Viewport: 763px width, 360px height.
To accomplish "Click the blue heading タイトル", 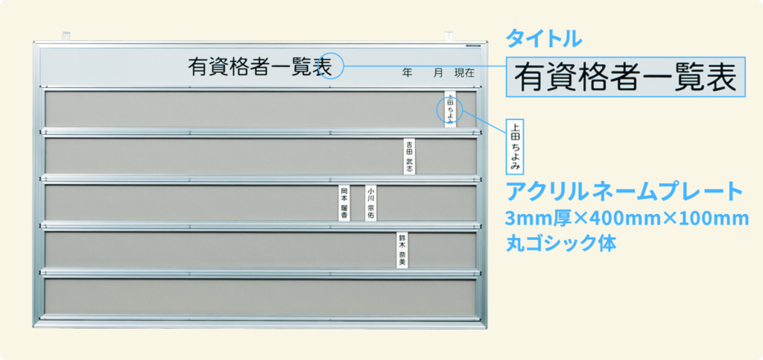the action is (x=544, y=39).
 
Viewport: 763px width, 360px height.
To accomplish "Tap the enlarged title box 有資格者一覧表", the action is (x=626, y=78).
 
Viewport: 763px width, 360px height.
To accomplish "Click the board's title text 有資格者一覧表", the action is (x=260, y=66).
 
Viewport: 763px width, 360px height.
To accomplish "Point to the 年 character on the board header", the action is (x=408, y=74).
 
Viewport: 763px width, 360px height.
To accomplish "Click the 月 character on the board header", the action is (x=438, y=74).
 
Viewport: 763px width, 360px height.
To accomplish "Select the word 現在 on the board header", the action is (x=464, y=74).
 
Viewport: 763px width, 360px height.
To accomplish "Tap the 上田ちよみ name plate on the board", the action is (x=450, y=109).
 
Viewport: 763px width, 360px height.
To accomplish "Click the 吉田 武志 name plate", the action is (x=410, y=157).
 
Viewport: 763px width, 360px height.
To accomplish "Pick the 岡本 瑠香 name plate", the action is (x=344, y=203).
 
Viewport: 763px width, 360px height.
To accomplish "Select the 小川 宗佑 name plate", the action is (x=371, y=203).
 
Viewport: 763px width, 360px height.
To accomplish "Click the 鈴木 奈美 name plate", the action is (x=402, y=250).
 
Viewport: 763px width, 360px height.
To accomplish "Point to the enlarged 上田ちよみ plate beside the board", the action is (x=515, y=146).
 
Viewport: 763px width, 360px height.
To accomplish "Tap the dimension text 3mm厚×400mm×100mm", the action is (x=627, y=219).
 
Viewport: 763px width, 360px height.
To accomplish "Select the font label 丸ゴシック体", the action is (x=561, y=244).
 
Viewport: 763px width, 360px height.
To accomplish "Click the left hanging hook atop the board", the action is (x=66, y=36).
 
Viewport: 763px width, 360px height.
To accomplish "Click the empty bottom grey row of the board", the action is (x=260, y=297).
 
